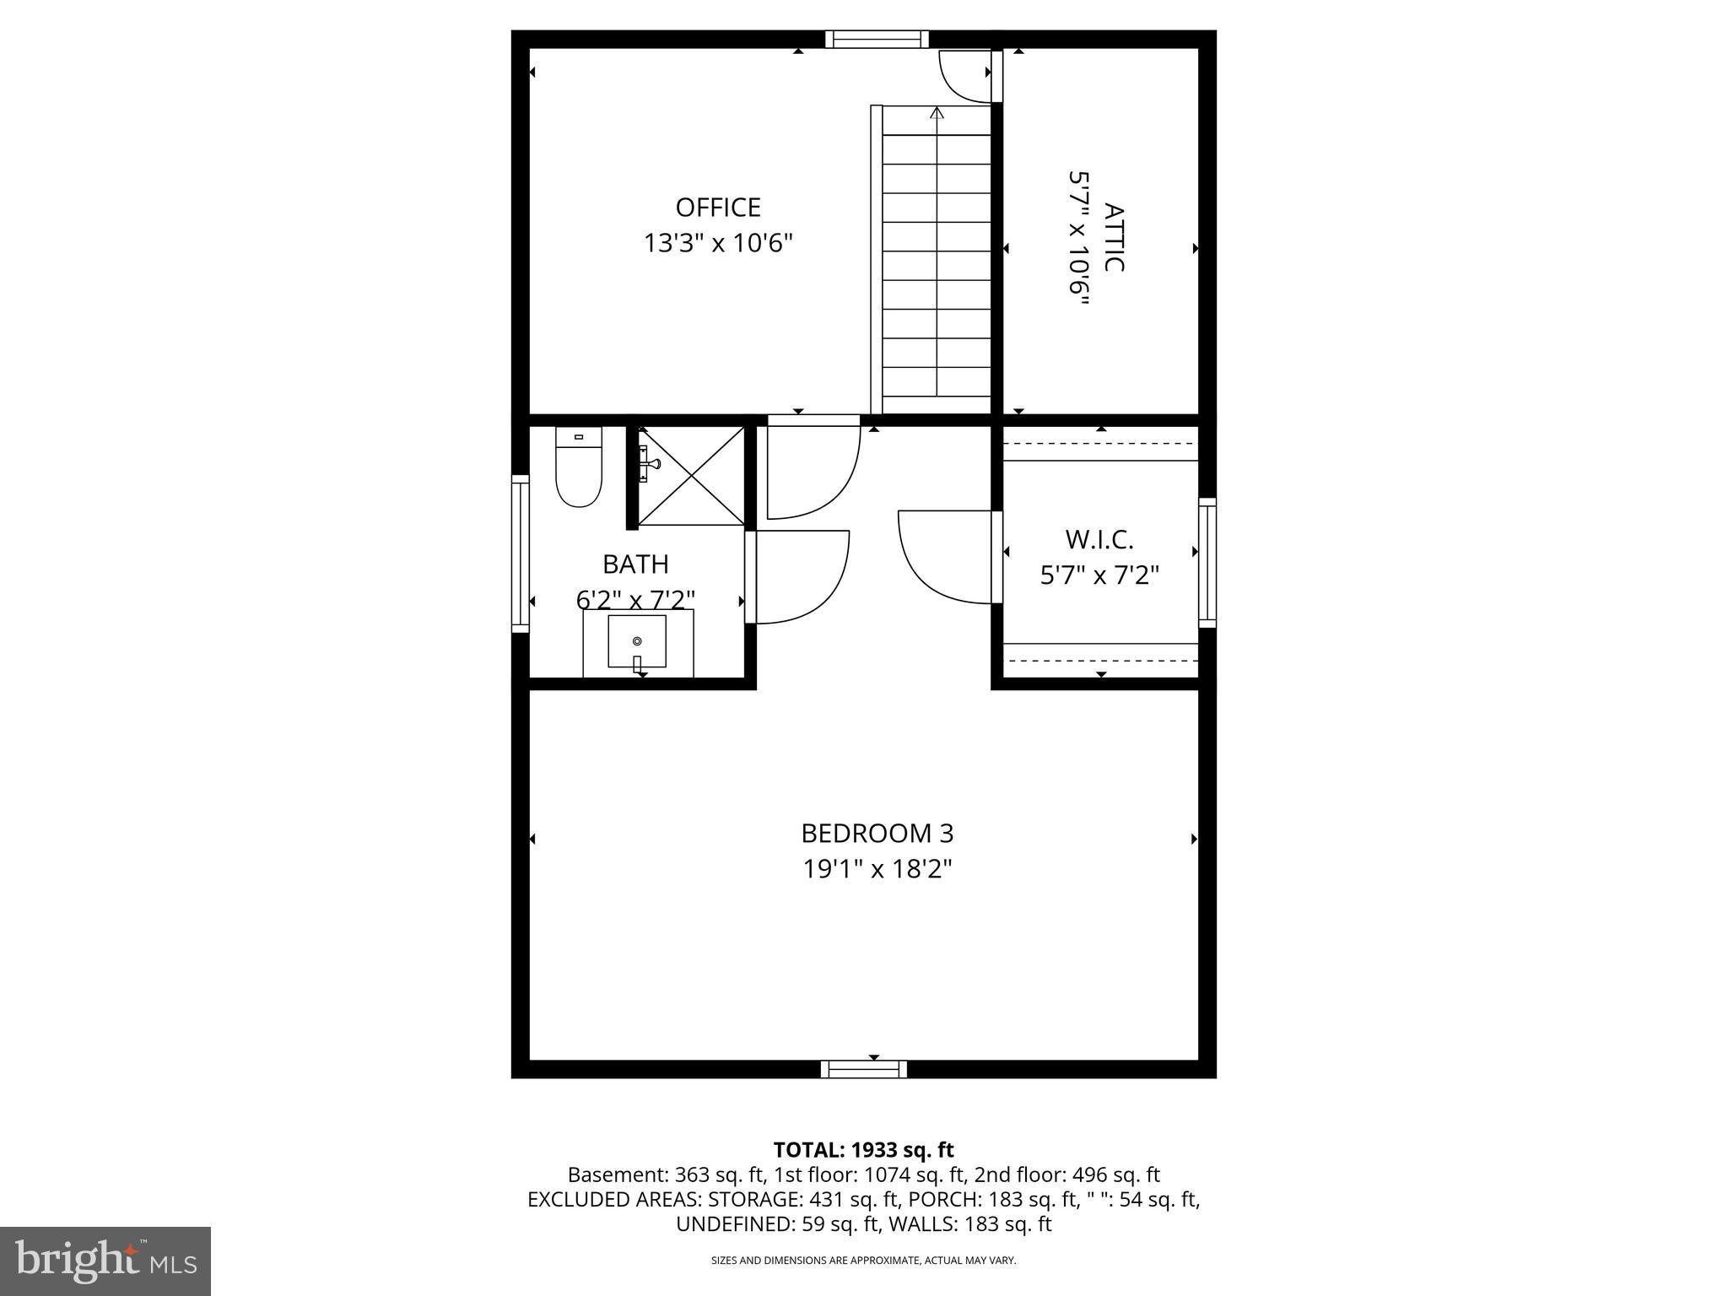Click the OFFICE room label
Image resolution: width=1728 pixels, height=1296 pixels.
[718, 208]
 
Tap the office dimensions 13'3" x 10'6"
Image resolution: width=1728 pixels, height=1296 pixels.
[718, 244]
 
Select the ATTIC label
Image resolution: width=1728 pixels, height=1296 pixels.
[1114, 237]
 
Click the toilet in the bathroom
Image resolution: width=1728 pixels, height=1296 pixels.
[578, 472]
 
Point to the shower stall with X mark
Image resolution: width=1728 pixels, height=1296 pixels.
[691, 475]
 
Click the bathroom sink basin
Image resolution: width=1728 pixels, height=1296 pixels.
[637, 642]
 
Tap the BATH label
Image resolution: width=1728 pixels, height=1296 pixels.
[635, 564]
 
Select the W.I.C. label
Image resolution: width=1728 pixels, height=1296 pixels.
[1099, 539]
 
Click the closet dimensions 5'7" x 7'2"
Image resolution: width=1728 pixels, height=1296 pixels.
[1099, 575]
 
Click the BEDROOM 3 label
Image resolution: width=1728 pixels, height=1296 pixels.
[877, 834]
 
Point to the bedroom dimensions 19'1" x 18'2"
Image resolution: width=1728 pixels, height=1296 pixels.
[877, 869]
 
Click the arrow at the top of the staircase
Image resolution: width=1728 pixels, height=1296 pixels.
[937, 113]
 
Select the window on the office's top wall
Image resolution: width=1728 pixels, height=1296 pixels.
[876, 39]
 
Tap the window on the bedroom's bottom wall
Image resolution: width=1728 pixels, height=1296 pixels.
[863, 1069]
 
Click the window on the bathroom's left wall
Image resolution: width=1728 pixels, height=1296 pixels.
[520, 553]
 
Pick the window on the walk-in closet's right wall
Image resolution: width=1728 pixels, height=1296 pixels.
[1207, 562]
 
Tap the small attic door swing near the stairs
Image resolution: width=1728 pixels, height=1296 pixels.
[966, 74]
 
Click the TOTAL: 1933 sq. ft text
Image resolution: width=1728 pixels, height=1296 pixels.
[863, 1150]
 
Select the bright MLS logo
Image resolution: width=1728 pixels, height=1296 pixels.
[105, 1261]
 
